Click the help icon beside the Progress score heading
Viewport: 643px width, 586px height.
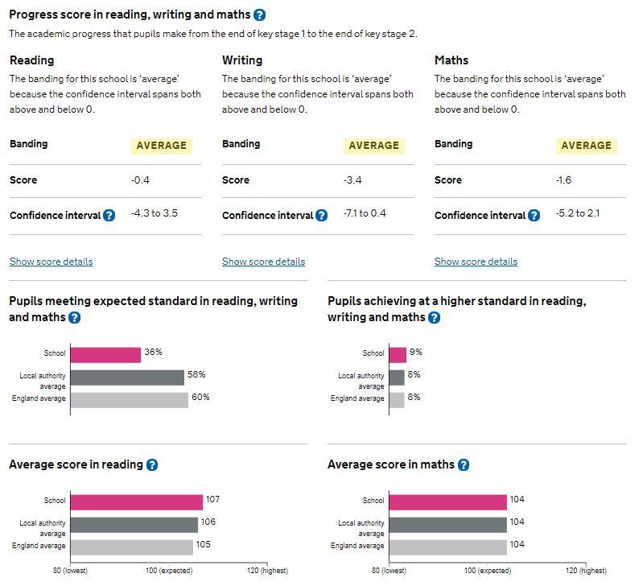point(259,14)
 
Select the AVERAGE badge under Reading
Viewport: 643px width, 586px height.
point(161,146)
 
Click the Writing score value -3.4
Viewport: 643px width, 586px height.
point(352,180)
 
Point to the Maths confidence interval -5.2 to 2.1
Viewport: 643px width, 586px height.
point(578,214)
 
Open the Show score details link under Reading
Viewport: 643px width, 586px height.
point(51,262)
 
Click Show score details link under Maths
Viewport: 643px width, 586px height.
point(476,262)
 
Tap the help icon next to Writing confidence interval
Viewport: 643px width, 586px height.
point(321,216)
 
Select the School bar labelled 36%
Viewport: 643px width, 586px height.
point(105,354)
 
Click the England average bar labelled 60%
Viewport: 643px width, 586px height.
point(129,399)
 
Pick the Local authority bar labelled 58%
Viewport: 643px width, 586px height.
point(127,377)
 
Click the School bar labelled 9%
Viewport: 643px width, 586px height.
point(398,354)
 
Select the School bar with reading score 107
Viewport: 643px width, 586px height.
point(136,501)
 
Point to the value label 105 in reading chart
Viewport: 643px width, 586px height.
point(204,545)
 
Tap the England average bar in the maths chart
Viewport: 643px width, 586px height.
point(447,547)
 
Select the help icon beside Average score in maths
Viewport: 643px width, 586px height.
point(463,465)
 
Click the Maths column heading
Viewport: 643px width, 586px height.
point(451,60)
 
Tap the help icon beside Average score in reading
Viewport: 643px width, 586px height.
point(152,465)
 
